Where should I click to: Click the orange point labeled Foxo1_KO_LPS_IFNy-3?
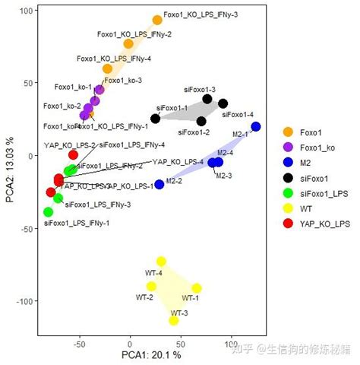click(157, 21)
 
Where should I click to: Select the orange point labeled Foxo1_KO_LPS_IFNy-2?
click(128, 44)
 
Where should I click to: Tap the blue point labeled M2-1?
click(256, 127)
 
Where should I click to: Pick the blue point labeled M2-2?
click(159, 184)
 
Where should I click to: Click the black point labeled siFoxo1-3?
click(207, 99)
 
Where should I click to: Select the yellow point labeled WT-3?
click(174, 320)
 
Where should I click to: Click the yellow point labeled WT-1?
click(197, 288)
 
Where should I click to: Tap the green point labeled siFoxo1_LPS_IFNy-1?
click(49, 212)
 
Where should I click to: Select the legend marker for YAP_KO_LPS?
click(288, 223)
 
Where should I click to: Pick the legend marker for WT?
click(288, 208)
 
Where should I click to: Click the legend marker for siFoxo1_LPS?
click(288, 192)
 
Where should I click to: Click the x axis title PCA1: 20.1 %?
click(151, 355)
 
